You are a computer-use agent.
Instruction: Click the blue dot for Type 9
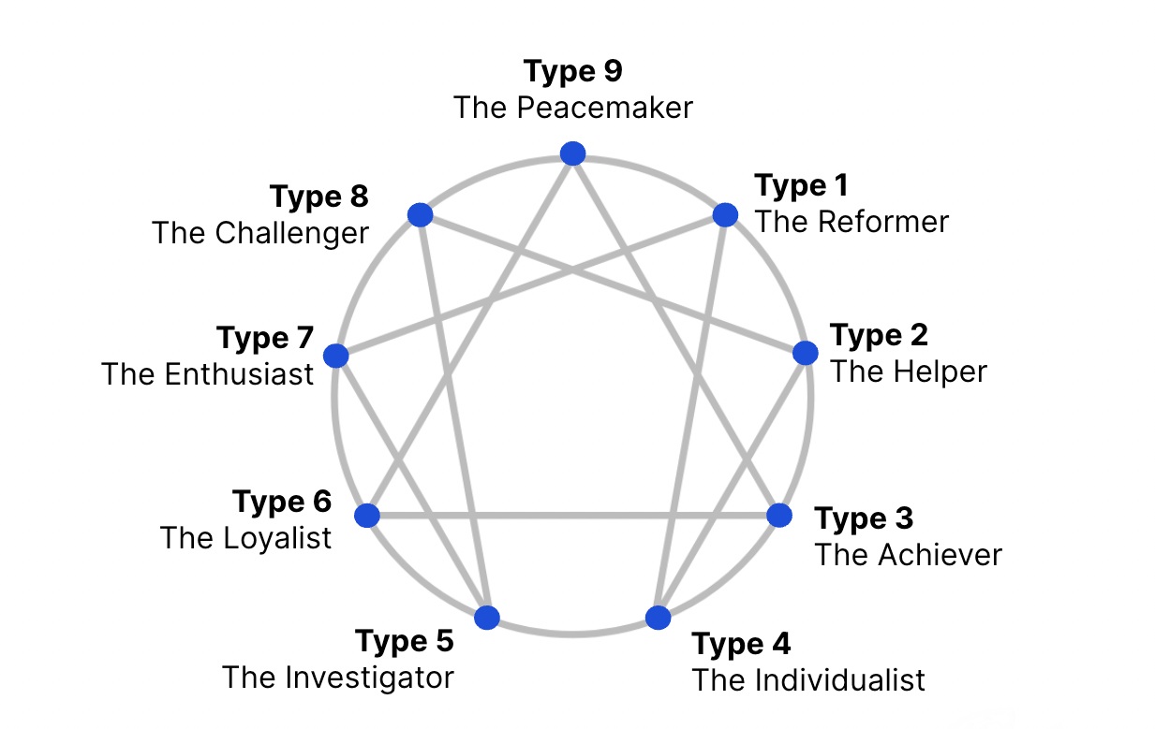[x=572, y=153]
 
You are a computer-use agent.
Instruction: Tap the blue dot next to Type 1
[x=725, y=214]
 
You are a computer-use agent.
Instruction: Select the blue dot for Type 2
[x=805, y=353]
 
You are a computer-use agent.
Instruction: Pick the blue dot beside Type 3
[x=779, y=516]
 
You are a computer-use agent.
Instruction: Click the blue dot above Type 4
[x=658, y=618]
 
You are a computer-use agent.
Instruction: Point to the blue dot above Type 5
[x=487, y=618]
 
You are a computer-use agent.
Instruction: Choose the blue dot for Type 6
[x=367, y=516]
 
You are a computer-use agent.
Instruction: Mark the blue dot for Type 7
[x=335, y=356]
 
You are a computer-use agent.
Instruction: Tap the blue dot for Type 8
[x=421, y=214]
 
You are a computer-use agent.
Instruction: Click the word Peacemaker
[x=605, y=108]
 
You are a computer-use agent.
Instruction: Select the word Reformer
[x=883, y=222]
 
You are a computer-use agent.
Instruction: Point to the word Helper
[x=940, y=372]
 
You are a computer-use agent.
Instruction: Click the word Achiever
[x=940, y=555]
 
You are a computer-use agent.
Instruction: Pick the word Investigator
[x=369, y=678]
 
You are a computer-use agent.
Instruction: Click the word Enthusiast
[x=239, y=374]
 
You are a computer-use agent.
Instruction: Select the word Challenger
[x=292, y=233]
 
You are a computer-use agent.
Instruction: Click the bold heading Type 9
[x=573, y=71]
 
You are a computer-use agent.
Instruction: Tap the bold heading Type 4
[x=741, y=644]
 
